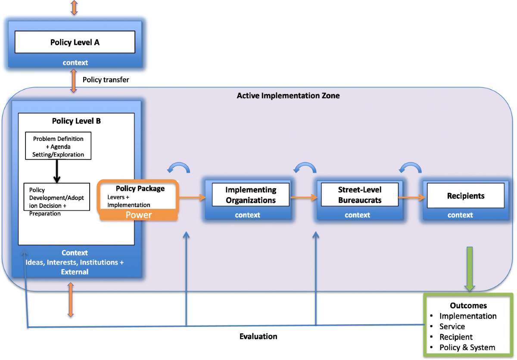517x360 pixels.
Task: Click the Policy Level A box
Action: (75, 42)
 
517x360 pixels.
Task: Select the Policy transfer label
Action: (106, 80)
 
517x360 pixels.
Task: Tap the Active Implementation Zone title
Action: (288, 96)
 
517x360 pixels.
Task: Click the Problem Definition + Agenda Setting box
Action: (58, 146)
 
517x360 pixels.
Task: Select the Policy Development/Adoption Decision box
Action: (57, 197)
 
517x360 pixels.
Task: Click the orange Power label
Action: (139, 215)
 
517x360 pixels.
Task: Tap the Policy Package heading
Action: (140, 189)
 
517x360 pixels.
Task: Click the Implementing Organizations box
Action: (251, 195)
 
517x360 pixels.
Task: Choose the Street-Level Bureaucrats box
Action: (360, 195)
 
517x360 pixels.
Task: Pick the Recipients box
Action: (466, 196)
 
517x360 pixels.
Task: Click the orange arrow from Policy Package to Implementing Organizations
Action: (192, 197)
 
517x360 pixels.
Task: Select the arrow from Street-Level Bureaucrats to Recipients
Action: (412, 197)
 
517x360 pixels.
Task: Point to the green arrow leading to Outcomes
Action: (470, 269)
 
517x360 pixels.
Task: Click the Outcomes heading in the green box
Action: (468, 306)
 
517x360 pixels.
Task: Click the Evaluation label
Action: (258, 336)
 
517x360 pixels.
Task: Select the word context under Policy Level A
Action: (75, 62)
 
